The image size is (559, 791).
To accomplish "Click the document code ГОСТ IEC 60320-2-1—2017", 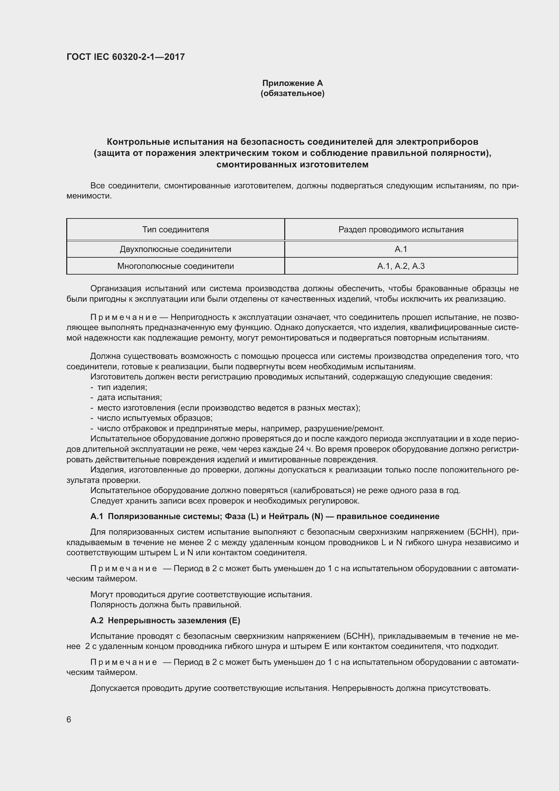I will click(126, 57).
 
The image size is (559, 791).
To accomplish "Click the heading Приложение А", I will click(292, 83).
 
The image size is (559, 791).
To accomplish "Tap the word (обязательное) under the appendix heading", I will click(292, 93).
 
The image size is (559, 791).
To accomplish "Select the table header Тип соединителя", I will click(175, 229).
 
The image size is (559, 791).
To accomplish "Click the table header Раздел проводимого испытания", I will click(401, 229).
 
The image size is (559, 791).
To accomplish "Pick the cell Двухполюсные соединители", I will click(175, 249).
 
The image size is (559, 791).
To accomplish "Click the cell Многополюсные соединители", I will click(175, 266).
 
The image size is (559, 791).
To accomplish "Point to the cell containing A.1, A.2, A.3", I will click(401, 266).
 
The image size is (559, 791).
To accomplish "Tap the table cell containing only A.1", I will click(401, 249).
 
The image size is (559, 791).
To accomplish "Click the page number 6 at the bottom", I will click(69, 720).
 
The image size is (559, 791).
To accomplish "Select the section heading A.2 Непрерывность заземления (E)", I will click(165, 621).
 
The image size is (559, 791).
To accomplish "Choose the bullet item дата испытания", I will click(129, 398).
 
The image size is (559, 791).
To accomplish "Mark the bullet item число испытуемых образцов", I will click(155, 418).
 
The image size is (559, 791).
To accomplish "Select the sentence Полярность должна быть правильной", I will click(166, 605).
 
